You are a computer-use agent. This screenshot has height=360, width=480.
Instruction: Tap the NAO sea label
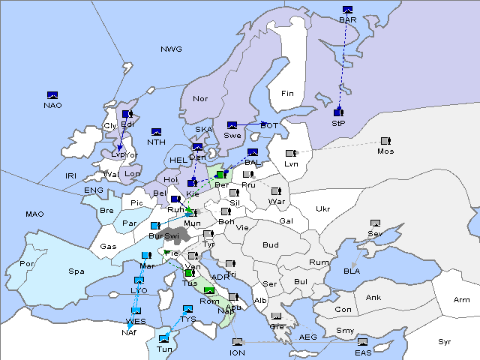(x=52, y=105)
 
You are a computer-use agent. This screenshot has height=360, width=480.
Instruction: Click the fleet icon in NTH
(x=157, y=132)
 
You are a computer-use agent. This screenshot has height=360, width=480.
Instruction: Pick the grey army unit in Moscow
(x=385, y=141)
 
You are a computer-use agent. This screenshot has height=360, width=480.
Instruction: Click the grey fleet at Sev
(x=375, y=223)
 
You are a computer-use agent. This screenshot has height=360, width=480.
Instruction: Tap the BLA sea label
(x=352, y=271)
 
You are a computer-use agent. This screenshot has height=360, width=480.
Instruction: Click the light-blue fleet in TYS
(x=187, y=309)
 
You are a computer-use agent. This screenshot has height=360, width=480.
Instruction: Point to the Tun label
(x=163, y=349)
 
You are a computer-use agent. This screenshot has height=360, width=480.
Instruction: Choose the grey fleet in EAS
(x=363, y=343)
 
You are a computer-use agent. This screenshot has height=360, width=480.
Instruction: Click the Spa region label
(x=76, y=271)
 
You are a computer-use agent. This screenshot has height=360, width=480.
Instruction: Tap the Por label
(x=27, y=264)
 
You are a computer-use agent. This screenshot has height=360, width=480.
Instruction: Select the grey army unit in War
(x=277, y=192)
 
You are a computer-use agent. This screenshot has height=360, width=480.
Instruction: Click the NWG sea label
(x=171, y=49)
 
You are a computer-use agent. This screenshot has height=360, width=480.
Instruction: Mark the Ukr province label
(x=322, y=209)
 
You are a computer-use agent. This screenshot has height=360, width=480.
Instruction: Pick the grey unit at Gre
(x=277, y=317)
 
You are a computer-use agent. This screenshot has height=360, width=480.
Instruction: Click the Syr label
(x=445, y=342)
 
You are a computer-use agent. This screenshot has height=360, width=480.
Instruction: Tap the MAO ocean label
(x=34, y=214)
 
